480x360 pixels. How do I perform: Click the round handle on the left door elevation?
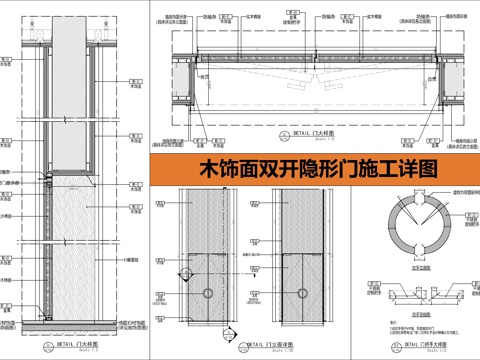tap(208, 292)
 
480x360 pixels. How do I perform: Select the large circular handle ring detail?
tap(411, 226)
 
